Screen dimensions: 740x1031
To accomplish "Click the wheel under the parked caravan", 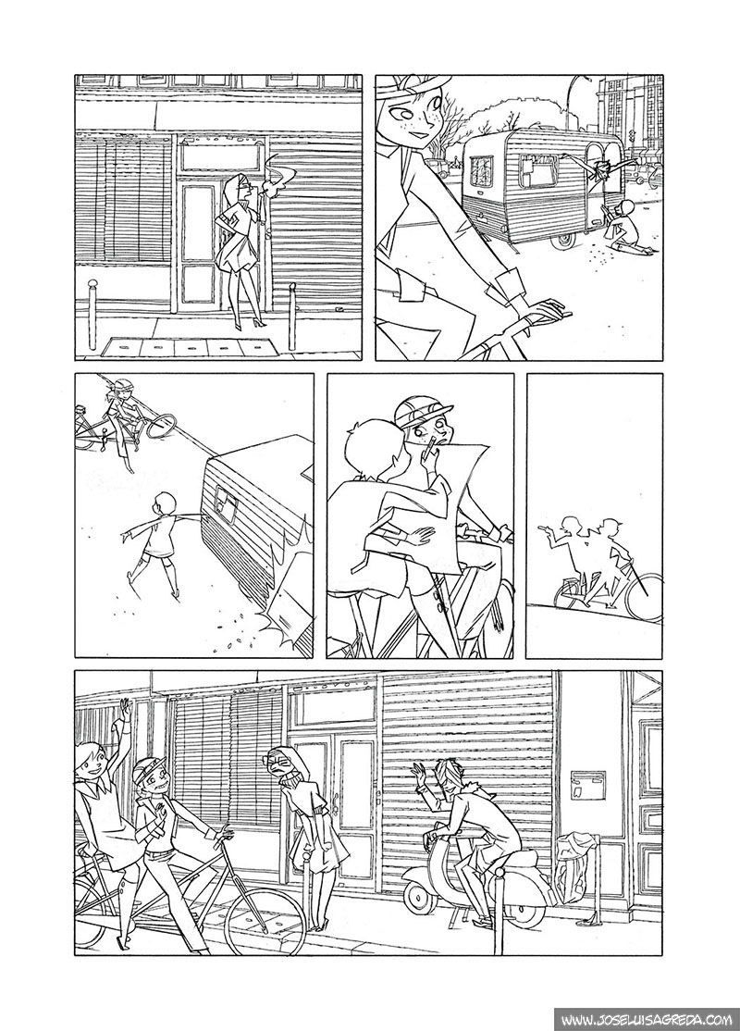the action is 562,239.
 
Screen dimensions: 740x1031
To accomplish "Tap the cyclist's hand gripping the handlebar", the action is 545,309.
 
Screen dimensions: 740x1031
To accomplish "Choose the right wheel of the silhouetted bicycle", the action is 641,594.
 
